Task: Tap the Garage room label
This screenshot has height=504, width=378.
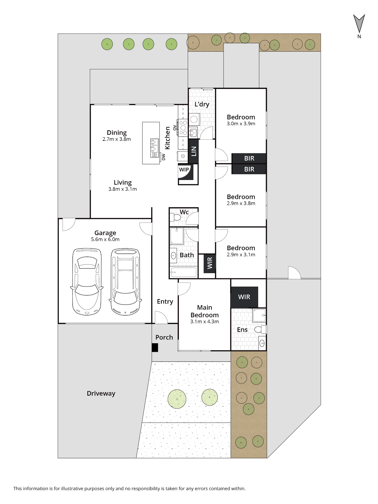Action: pyautogui.click(x=105, y=233)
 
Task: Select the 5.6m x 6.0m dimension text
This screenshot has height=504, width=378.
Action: pyautogui.click(x=105, y=239)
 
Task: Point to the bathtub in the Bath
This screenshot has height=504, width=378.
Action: pyautogui.click(x=183, y=272)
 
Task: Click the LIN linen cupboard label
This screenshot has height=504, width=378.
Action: pyautogui.click(x=194, y=151)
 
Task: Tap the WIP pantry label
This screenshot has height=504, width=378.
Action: pyautogui.click(x=184, y=170)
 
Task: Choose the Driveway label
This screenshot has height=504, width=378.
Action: pyautogui.click(x=101, y=393)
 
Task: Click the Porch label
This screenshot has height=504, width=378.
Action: pyautogui.click(x=164, y=337)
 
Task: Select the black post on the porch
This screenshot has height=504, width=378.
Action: pyautogui.click(x=155, y=348)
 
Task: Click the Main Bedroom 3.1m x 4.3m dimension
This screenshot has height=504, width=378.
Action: pyautogui.click(x=205, y=322)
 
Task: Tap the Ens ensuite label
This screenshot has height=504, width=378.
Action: pyautogui.click(x=242, y=330)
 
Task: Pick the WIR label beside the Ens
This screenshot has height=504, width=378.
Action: pyautogui.click(x=244, y=297)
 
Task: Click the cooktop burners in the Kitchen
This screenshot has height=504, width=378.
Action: pyautogui.click(x=183, y=128)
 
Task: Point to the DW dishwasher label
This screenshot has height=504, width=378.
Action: pyautogui.click(x=164, y=157)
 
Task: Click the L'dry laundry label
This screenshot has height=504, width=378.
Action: pyautogui.click(x=202, y=104)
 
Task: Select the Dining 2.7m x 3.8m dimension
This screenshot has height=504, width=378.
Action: pyautogui.click(x=117, y=139)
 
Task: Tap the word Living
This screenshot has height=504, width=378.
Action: pyautogui.click(x=123, y=182)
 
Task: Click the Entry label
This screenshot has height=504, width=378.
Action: pyautogui.click(x=165, y=302)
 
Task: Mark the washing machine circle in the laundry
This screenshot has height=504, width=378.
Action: pyautogui.click(x=194, y=119)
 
